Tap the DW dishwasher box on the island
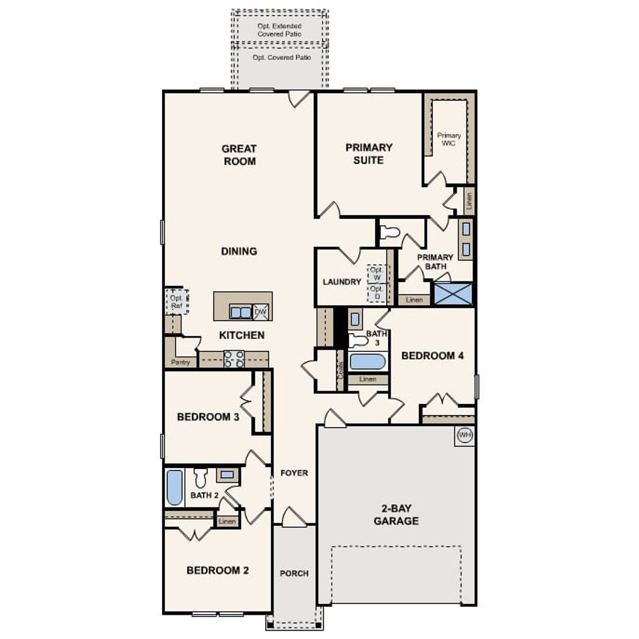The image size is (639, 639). tap(261, 313)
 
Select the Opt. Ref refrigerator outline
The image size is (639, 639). tap(177, 302)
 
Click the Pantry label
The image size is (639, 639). tap(180, 362)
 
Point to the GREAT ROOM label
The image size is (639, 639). tap(239, 155)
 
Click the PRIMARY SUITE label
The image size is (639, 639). tap(369, 154)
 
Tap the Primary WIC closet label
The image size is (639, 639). tap(449, 139)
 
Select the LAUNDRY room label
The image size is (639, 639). tap(341, 282)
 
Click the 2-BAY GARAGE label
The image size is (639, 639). tap(396, 515)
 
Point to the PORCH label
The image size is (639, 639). tap(294, 574)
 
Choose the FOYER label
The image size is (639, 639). tap(294, 473)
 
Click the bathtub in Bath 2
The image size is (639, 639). tap(174, 487)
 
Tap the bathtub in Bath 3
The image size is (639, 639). tap(367, 361)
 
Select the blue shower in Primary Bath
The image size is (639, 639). tap(453, 294)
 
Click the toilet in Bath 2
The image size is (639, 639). tap(201, 478)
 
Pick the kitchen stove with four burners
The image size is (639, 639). tap(234, 359)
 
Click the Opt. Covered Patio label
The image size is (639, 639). tap(282, 57)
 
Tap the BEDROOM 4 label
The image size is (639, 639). tap(432, 356)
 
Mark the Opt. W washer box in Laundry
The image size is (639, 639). tap(377, 274)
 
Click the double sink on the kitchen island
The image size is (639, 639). tap(241, 313)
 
